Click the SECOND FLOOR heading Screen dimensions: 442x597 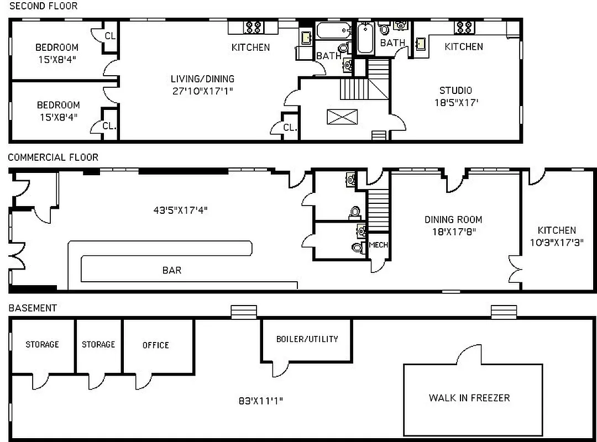tap(43, 6)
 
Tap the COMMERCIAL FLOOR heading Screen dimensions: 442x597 tap(53, 157)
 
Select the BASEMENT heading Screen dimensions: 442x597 tap(32, 308)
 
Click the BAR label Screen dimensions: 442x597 tap(171, 270)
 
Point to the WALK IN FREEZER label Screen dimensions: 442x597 tap(469, 397)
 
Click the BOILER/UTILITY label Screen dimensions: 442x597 tap(307, 339)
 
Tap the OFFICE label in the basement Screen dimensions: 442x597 tap(155, 345)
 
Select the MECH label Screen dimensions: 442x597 tap(378, 245)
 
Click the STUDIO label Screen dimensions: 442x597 tap(455, 91)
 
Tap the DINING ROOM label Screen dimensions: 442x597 tap(453, 219)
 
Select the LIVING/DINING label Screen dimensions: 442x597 tap(202, 78)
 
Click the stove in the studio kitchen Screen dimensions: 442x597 tap(462, 27)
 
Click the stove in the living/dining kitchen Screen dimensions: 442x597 tap(254, 27)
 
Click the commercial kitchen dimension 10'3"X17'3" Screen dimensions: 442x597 tap(557, 242)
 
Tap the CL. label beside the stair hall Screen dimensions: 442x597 tap(290, 127)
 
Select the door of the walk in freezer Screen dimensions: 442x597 tap(469, 355)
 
